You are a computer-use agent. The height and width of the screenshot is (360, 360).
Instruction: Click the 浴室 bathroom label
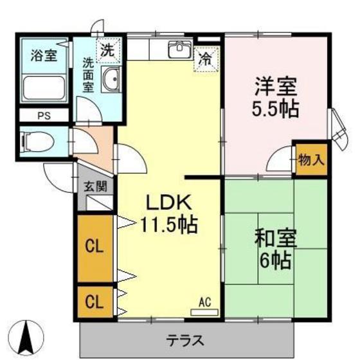pos(44,55)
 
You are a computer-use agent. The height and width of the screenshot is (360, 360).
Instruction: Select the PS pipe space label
pos(44,116)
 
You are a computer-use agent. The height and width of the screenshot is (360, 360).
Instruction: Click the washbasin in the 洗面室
pos(111,80)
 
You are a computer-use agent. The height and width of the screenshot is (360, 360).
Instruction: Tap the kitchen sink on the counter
pos(179,50)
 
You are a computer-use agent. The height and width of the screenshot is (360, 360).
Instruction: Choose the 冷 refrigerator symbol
pos(206,59)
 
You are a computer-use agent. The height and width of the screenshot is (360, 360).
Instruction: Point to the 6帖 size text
pos(274,260)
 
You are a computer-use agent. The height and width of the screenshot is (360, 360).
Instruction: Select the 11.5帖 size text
pos(168,225)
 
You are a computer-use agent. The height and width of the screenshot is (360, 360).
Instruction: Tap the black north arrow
pos(28,336)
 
